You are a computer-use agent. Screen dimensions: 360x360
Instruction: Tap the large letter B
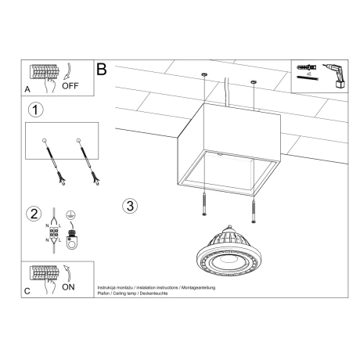101,70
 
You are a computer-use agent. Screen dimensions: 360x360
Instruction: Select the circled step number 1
34,110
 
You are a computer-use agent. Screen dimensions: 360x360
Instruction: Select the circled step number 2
34,214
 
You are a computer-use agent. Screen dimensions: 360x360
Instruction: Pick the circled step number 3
131,206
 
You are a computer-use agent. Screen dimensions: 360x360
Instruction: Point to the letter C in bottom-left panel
28,291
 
